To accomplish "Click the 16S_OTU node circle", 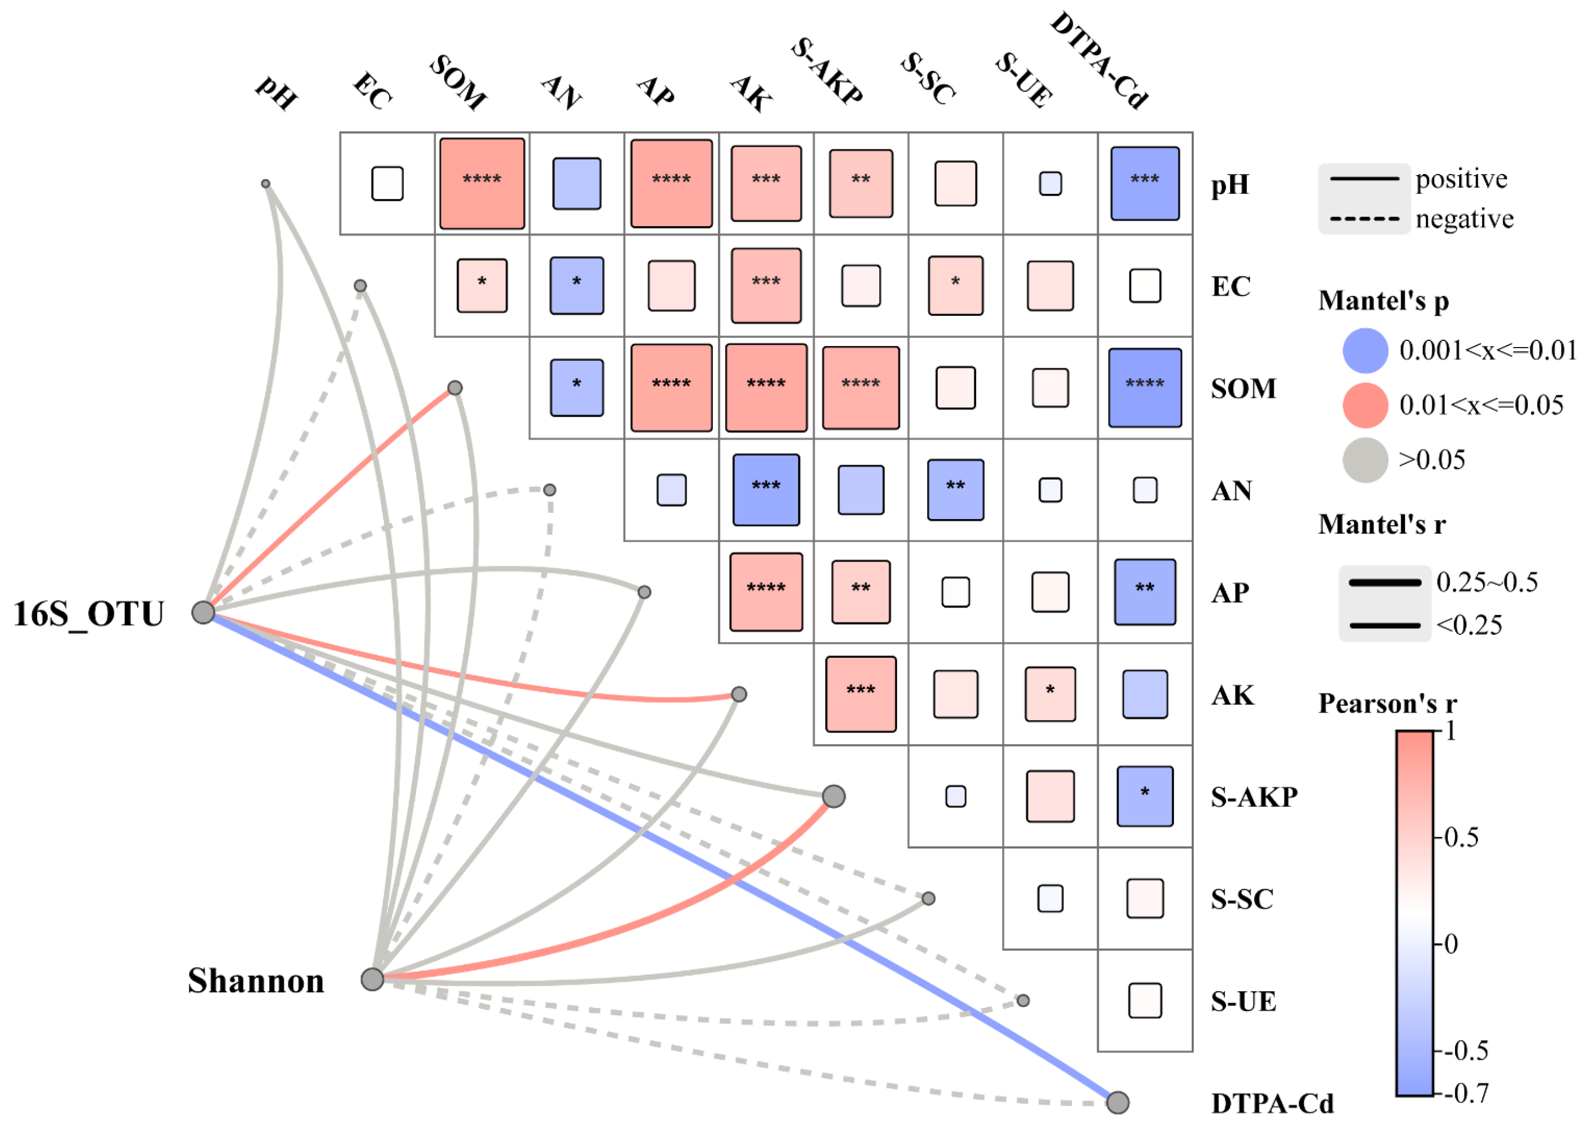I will coord(203,613).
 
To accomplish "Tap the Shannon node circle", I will coord(372,979).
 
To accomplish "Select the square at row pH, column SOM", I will coord(482,183).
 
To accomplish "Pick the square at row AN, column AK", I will coord(766,490).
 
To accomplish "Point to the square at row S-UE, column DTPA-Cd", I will coord(1144,1000).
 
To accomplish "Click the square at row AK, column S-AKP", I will coord(861,694).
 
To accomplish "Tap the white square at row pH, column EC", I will coord(387,183).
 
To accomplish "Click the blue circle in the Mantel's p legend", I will coord(1365,350).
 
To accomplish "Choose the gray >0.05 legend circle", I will coord(1365,459).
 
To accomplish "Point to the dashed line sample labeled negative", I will coord(1364,219).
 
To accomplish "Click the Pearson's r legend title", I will coord(1387,703).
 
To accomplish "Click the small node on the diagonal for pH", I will coord(265,183).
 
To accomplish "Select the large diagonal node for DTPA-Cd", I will coord(1117,1102).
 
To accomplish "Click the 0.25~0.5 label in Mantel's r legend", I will coord(1487,582).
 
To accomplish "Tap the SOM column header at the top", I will coord(458,82).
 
